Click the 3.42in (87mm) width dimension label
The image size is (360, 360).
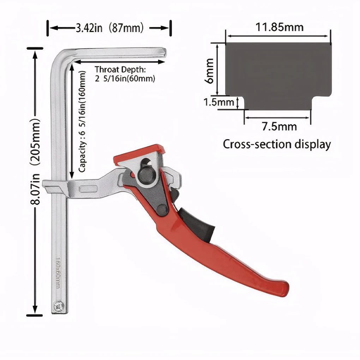tap(109, 28)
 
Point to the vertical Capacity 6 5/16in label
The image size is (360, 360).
tap(82, 121)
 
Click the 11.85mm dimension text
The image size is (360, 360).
tap(279, 27)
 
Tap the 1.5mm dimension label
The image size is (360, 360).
tap(219, 102)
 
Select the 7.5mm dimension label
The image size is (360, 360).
tap(279, 126)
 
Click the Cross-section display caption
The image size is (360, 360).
tap(277, 144)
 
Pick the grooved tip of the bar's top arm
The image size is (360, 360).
tap(163, 53)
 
